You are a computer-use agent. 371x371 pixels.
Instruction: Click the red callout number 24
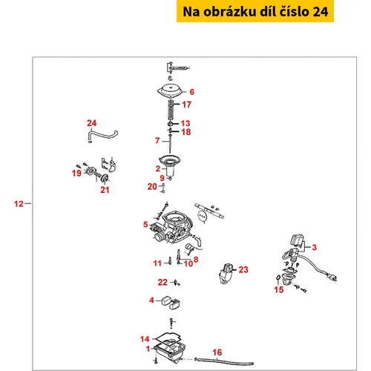pos(91,123)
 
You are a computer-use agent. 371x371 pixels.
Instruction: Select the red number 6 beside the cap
pos(192,92)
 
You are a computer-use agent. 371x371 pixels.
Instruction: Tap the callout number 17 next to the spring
pos(187,105)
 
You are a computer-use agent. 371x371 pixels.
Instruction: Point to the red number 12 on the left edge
pos(19,204)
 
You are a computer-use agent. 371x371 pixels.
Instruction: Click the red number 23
pos(243,269)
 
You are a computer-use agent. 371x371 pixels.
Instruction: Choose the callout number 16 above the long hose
pos(217,352)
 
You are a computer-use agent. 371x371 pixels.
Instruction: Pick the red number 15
pos(279,289)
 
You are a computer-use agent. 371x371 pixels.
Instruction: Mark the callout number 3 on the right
pos(314,247)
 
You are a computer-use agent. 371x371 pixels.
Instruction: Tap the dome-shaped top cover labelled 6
pos(170,91)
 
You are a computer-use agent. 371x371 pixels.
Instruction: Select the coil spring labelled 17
pos(170,111)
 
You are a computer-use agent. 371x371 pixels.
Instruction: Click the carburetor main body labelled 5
pos(172,228)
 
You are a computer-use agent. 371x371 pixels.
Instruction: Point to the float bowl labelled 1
pos(170,352)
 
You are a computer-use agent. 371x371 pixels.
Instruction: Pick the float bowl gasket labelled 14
pos(167,338)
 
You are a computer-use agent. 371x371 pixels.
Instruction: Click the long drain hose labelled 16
pos(224,361)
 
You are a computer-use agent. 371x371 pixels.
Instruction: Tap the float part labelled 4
pos(171,303)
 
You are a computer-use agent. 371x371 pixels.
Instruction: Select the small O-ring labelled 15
pos(278,278)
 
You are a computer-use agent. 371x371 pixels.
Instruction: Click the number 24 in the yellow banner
pos(321,12)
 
